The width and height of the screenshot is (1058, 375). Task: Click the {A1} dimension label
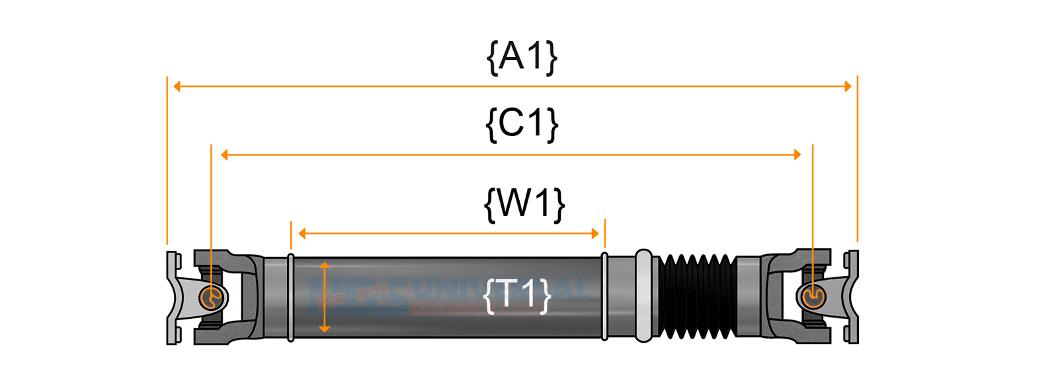522,57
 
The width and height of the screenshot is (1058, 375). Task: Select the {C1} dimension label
522,123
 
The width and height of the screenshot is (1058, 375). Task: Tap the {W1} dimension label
524,203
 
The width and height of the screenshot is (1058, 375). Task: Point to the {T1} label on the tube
517,294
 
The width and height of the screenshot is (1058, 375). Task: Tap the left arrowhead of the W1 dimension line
302,233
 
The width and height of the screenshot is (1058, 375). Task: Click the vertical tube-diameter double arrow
324,296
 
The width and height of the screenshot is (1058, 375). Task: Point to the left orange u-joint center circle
211,298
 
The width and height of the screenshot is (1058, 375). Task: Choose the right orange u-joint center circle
812,297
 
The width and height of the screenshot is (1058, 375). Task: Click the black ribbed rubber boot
696,296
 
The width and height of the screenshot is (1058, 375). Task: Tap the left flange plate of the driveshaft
172,297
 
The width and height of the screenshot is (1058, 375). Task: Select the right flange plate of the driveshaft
852,297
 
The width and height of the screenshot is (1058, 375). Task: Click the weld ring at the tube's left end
291,297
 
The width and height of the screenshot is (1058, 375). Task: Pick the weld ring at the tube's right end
604,297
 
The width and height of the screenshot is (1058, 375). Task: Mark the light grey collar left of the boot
643,296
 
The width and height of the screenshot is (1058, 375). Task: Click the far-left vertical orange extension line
167,158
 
